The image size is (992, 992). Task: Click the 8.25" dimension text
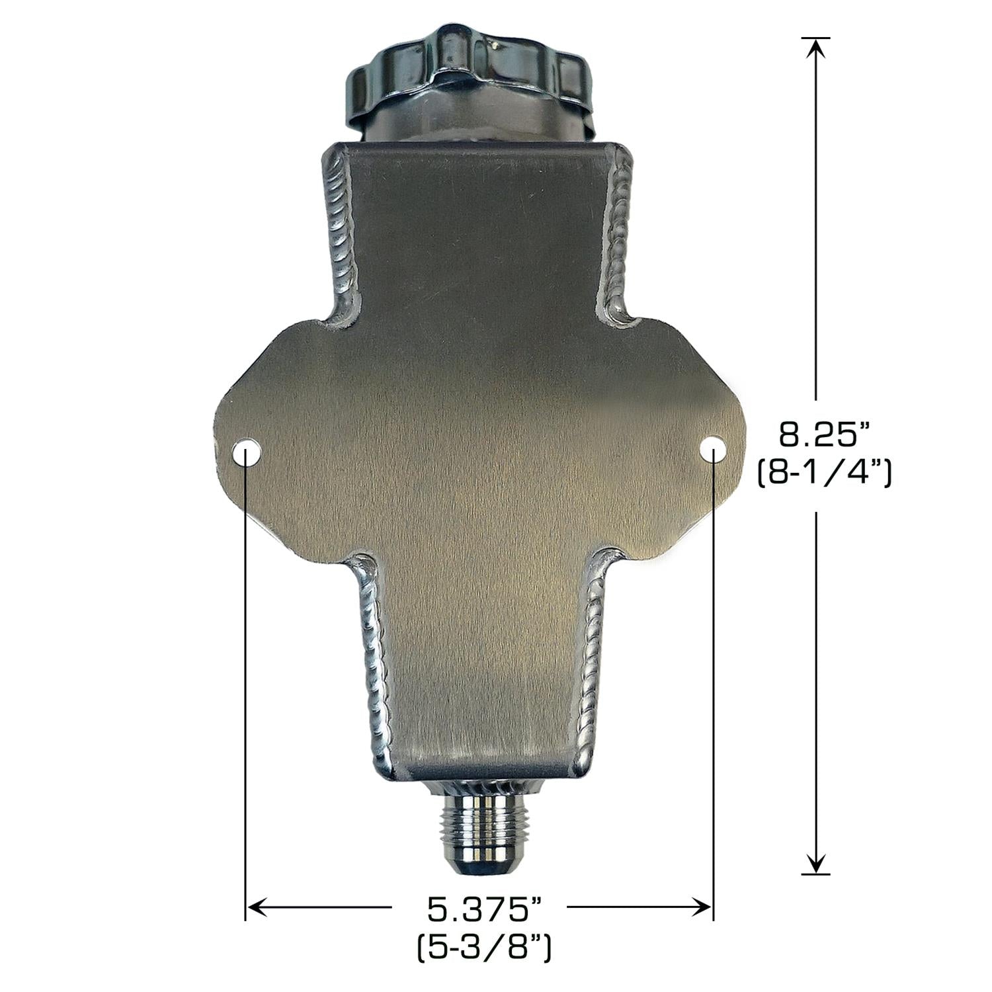(x=823, y=435)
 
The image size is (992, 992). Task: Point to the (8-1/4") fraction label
(x=824, y=475)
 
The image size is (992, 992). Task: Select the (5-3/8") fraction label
(x=484, y=951)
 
